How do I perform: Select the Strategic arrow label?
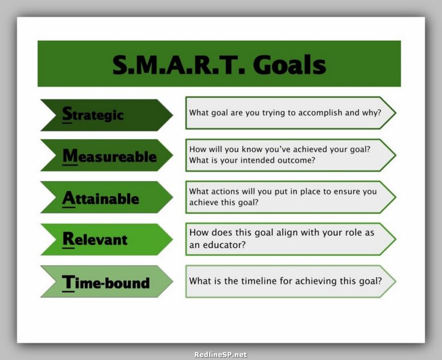pos(93,114)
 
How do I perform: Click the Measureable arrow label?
pos(109,156)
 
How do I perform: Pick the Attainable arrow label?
pos(101,198)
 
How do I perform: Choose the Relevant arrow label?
pos(95,239)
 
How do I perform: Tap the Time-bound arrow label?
pos(106,282)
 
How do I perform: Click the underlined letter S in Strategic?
pos(67,114)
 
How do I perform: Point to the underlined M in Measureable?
pos(70,156)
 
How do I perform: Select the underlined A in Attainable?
pos(68,198)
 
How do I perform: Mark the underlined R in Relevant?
pos(68,239)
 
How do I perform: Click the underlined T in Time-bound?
pos(68,282)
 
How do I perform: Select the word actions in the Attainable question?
pos(227,192)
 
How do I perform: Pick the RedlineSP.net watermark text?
pos(220,355)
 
